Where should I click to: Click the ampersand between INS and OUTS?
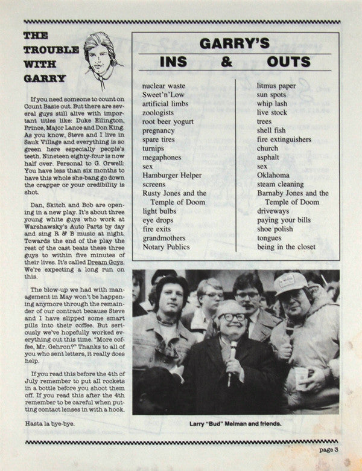[x=226, y=62]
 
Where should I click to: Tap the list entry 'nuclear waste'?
[x=164, y=86]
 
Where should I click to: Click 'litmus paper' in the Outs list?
[x=276, y=86]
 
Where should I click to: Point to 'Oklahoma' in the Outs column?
[x=273, y=175]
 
